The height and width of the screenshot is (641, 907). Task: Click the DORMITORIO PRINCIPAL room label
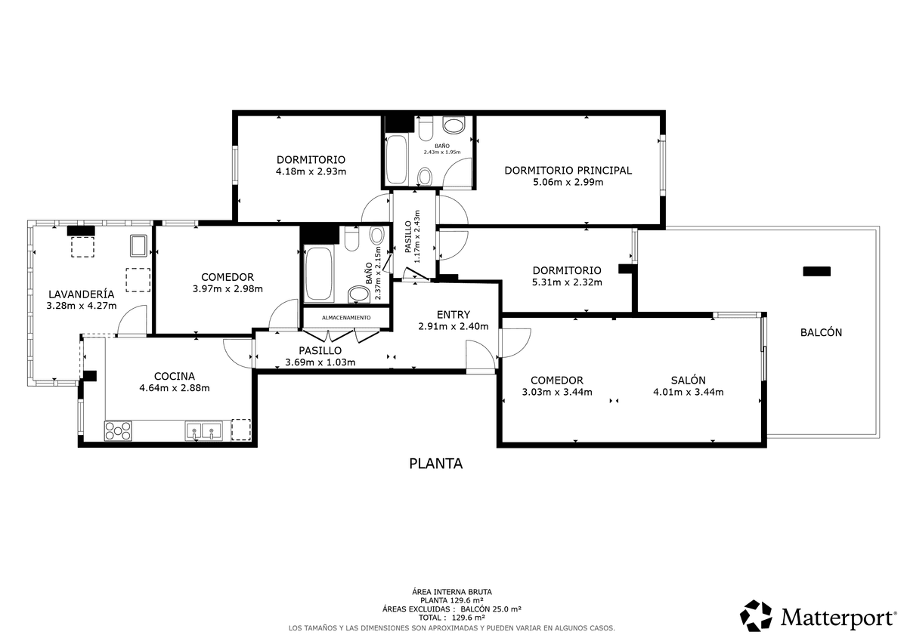[568, 171]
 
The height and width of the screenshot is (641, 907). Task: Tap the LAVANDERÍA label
[82, 294]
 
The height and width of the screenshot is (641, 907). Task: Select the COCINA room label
[175, 376]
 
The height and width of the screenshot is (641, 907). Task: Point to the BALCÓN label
[821, 332]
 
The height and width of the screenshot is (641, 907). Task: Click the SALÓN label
[689, 381]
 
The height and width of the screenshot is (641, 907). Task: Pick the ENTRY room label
[453, 315]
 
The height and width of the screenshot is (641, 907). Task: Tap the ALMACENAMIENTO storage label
[346, 318]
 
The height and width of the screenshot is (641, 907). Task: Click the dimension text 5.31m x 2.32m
[567, 282]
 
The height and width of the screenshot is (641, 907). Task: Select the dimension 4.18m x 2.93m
[311, 171]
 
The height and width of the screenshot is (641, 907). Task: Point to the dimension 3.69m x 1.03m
[320, 362]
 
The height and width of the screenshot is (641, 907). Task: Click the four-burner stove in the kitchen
[118, 430]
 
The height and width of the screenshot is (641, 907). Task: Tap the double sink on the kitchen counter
[203, 431]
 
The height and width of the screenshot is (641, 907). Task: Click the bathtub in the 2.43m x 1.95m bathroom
[396, 160]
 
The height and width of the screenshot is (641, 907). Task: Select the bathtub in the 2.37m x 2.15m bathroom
[319, 274]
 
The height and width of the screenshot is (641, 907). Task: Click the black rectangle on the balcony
[817, 271]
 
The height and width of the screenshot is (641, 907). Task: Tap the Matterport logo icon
[756, 615]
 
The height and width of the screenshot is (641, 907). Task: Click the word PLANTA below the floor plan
[435, 464]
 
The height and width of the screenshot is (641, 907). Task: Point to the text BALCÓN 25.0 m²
[491, 609]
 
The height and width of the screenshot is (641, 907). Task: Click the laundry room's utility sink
[138, 245]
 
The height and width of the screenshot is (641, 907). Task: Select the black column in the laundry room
[81, 231]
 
